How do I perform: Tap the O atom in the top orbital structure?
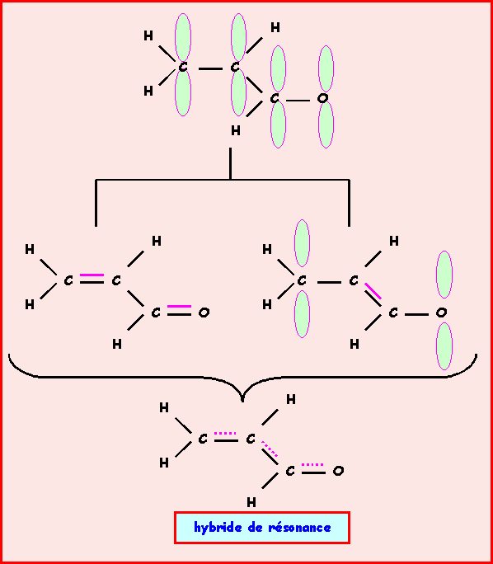pos(322,98)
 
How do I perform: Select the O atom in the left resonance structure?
pos(204,313)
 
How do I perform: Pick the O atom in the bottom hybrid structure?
pos(338,471)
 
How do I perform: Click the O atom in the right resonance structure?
pos(441,313)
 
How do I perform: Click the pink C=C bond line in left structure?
pos(92,275)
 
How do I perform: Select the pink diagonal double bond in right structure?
pos(373,292)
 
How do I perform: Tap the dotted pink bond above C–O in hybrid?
pos(312,465)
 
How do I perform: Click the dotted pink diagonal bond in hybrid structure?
pos(270,449)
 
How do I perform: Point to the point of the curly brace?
pos(242,401)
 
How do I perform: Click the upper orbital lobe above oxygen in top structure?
pos(326,68)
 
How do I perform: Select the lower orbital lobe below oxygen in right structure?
pos(444,346)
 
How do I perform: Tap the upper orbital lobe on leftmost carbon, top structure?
pos(183,37)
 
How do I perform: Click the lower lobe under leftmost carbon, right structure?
pos(302,314)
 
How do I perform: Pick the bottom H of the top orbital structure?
pos(236,131)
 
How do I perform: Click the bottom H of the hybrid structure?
pos(251,502)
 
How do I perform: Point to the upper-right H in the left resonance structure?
pos(157,242)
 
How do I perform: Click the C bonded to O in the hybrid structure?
pos(290,471)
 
